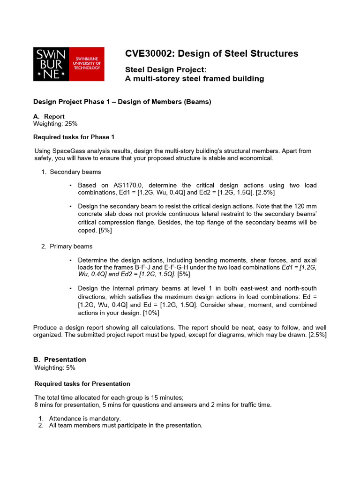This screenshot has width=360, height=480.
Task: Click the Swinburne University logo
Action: click(x=68, y=64)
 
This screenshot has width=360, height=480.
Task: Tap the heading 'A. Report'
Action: click(x=49, y=116)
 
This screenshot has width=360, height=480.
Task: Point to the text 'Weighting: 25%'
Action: click(x=55, y=124)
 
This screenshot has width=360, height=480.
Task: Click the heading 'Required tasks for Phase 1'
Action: click(x=74, y=137)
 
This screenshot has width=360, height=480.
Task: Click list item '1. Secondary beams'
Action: click(x=71, y=172)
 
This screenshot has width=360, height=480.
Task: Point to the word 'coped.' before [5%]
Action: click(x=88, y=230)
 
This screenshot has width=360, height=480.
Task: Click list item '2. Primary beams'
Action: click(x=67, y=246)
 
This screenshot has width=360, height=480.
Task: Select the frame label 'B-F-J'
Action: click(x=149, y=267)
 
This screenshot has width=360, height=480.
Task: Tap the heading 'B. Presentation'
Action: click(x=60, y=360)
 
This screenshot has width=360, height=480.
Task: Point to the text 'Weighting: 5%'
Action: click(x=54, y=368)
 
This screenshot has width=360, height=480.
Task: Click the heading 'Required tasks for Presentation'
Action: click(x=82, y=384)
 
